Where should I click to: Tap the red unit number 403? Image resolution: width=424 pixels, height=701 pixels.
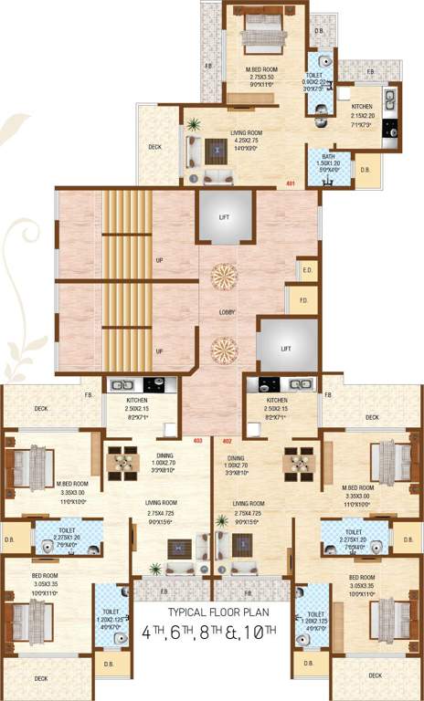tap(196, 440)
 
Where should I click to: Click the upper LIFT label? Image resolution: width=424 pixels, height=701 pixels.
tap(224, 217)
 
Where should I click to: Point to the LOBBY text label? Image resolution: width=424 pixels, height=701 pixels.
tap(228, 312)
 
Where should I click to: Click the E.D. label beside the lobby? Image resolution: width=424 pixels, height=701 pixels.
tap(307, 270)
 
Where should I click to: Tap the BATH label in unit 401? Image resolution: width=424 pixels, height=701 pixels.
tap(328, 157)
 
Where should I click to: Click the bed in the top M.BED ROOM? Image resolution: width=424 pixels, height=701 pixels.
tap(264, 38)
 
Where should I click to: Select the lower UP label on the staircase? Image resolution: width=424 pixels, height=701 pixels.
tap(160, 350)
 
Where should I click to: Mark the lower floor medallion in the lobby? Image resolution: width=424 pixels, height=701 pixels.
tap(224, 348)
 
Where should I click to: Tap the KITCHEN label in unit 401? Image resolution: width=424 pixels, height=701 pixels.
tap(362, 108)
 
